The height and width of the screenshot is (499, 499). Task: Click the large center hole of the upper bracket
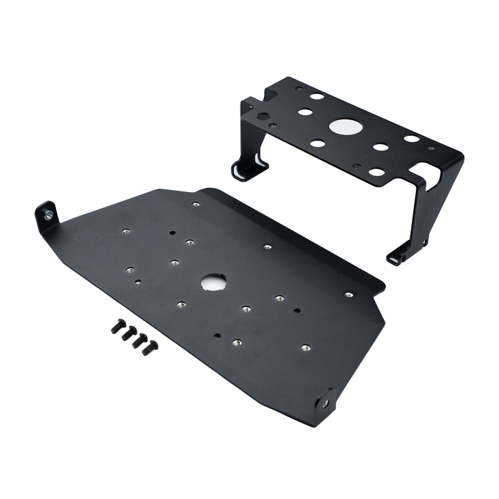(346, 127)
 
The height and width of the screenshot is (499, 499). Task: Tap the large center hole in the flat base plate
(214, 281)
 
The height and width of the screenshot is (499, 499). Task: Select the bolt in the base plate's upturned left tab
(47, 216)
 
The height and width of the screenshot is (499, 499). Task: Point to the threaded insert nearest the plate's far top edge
(196, 204)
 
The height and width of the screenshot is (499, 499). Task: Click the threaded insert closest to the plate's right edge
(349, 295)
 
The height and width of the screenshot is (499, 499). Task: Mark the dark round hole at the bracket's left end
(263, 116)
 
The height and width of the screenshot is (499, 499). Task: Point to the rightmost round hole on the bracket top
(412, 138)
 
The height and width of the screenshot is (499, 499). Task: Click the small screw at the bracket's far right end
(431, 148)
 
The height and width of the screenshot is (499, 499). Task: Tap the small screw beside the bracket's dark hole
(273, 126)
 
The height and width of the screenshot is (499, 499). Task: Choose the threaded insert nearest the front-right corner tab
(305, 347)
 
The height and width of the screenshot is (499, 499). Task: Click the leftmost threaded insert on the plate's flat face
(125, 231)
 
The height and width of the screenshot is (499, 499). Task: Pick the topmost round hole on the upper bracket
(317, 96)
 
